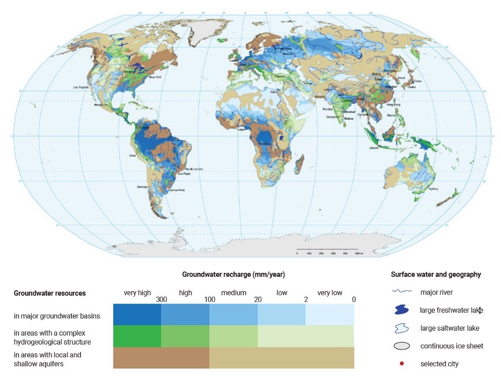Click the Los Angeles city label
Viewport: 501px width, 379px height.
(82, 88)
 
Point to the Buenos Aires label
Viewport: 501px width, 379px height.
(176, 190)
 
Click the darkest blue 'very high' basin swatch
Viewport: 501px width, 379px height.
(137, 314)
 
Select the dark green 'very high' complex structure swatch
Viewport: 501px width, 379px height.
(137, 336)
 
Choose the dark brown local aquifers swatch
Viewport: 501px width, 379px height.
(161, 357)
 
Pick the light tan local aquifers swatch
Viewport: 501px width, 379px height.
(282, 357)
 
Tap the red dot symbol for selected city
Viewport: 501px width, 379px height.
(402, 364)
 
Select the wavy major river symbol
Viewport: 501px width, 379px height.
(402, 291)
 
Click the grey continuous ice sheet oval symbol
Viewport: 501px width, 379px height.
(402, 346)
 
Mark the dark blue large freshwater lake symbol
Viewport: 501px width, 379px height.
(402, 310)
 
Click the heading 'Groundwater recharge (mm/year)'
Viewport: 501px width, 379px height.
(233, 275)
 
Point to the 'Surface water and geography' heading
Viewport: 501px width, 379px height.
(435, 275)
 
